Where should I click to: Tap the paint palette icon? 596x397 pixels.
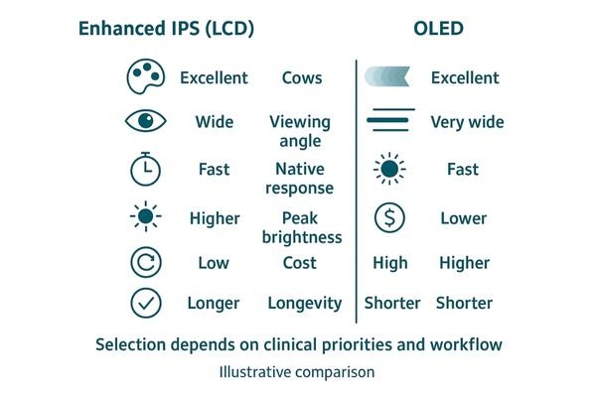click(x=145, y=76)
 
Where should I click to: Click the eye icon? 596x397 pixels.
click(x=145, y=122)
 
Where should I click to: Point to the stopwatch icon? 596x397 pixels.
click(x=145, y=169)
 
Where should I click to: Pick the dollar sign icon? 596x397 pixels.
click(x=388, y=217)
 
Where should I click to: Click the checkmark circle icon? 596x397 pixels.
click(x=145, y=303)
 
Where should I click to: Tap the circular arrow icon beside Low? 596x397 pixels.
click(x=145, y=262)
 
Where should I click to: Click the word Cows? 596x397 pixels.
click(x=302, y=77)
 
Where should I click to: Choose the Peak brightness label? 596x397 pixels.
click(x=302, y=227)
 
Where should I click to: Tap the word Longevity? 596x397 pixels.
click(x=304, y=303)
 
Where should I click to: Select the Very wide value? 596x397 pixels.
click(x=467, y=122)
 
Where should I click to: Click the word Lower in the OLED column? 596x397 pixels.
click(x=464, y=217)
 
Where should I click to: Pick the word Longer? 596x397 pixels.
click(x=214, y=303)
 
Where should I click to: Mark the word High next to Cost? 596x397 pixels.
click(x=390, y=262)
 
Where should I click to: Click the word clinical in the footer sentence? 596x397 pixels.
click(x=300, y=344)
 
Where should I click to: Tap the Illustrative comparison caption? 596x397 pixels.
click(x=298, y=373)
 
